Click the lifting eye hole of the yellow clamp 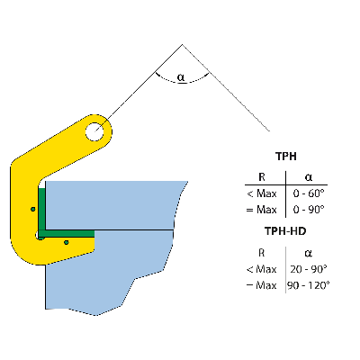pyautogui.click(x=95, y=132)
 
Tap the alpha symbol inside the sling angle pyautogui.click(x=181, y=78)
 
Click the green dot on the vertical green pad pyautogui.click(x=33, y=209)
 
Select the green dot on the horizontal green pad pyautogui.click(x=66, y=241)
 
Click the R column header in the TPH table pyautogui.click(x=261, y=176)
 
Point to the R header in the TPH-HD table pyautogui.click(x=261, y=252)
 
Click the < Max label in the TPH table pyautogui.click(x=261, y=193)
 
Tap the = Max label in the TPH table pyautogui.click(x=261, y=210)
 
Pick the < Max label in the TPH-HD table pyautogui.click(x=261, y=269)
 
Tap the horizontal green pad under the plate pyautogui.click(x=72, y=233)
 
